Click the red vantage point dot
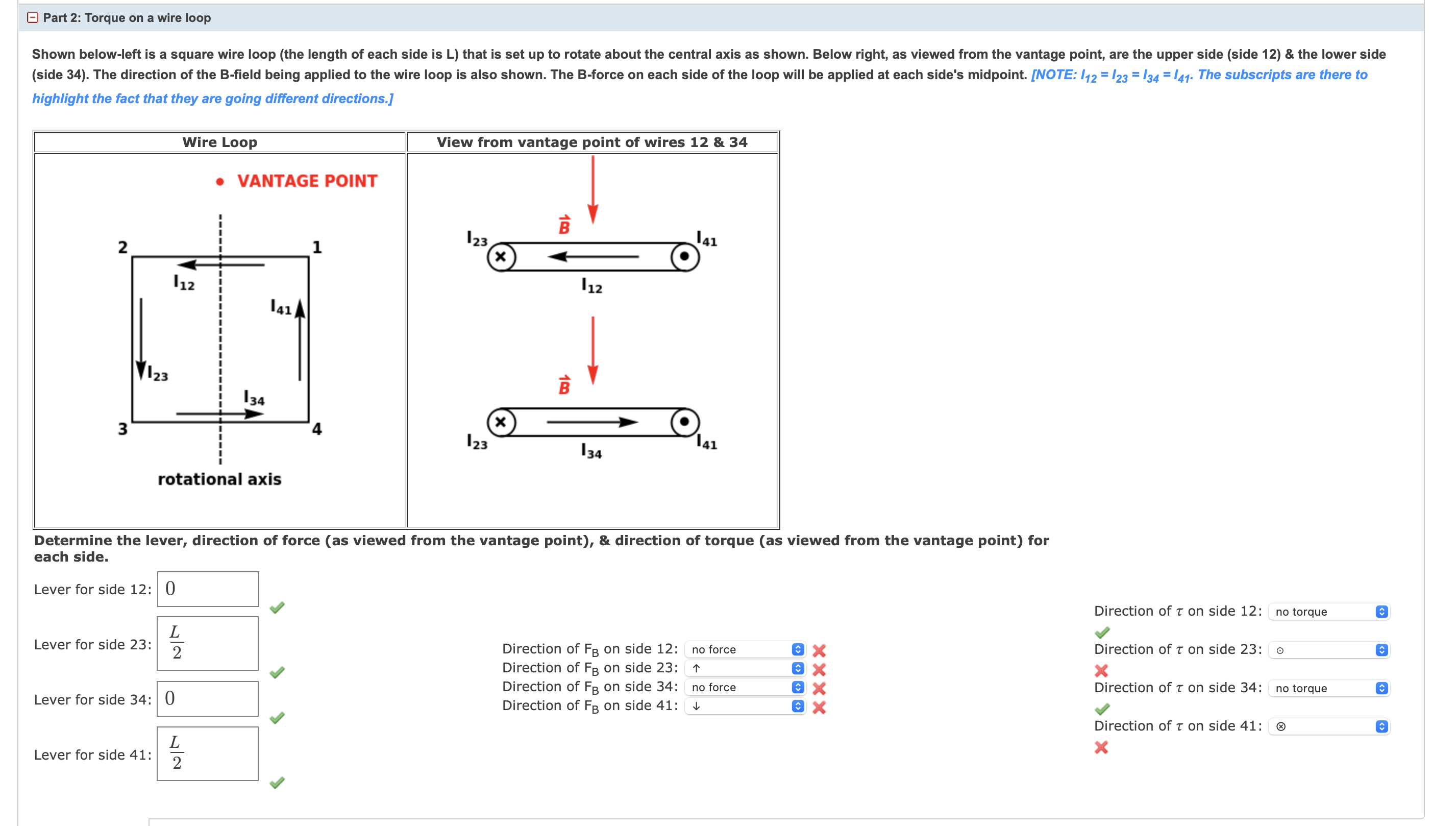(220, 182)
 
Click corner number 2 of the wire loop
(122, 248)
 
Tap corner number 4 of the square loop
(316, 429)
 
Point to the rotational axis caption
(219, 479)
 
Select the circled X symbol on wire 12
(501, 257)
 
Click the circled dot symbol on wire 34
(684, 422)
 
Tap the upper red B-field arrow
(592, 190)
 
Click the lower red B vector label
(564, 386)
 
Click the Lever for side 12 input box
(208, 589)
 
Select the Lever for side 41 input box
(208, 754)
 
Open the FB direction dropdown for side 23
(745, 668)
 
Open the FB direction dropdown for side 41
(745, 707)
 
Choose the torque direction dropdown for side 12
(1328, 612)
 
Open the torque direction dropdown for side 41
(1328, 726)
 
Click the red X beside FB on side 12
(819, 650)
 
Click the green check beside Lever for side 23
(277, 672)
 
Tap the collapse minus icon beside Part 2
(33, 17)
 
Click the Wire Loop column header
(220, 142)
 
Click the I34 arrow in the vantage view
(592, 422)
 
